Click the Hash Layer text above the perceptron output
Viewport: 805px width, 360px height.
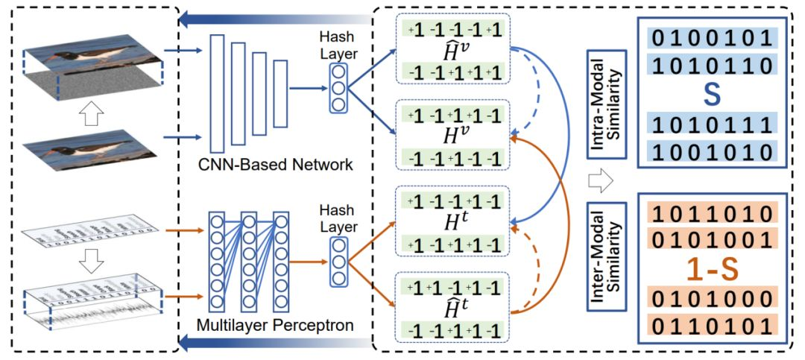tap(338, 218)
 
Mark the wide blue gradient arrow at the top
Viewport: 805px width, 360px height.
tap(276, 18)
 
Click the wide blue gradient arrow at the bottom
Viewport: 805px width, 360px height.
tap(276, 343)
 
